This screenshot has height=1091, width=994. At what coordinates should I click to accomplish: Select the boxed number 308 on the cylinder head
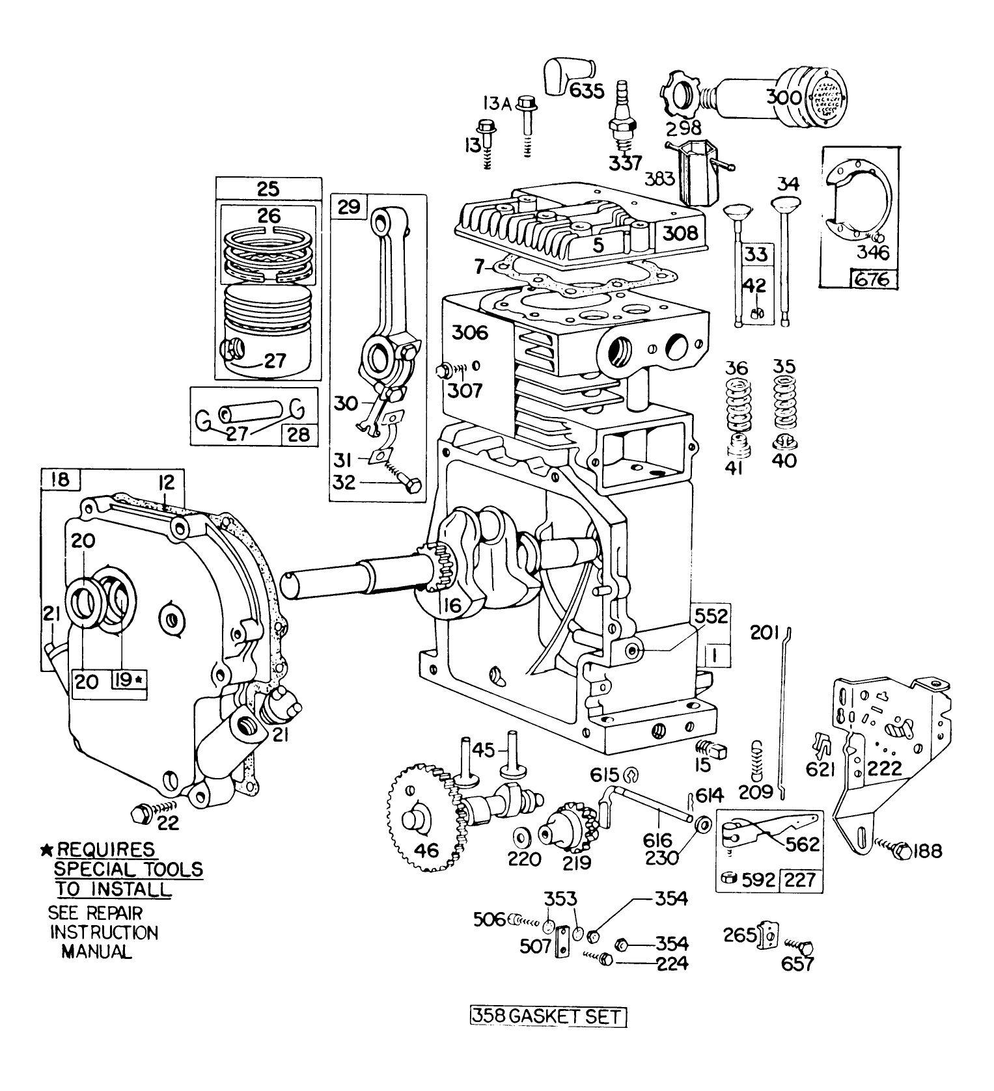(x=680, y=233)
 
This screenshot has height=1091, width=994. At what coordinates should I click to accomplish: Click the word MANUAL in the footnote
(x=96, y=951)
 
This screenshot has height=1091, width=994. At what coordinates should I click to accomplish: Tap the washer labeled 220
(x=521, y=835)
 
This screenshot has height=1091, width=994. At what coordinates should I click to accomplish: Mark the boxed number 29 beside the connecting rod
(x=349, y=208)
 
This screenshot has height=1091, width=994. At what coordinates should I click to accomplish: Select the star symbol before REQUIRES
(x=46, y=850)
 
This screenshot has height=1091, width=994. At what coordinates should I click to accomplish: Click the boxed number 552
(x=710, y=615)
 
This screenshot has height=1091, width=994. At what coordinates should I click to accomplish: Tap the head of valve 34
(x=786, y=203)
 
